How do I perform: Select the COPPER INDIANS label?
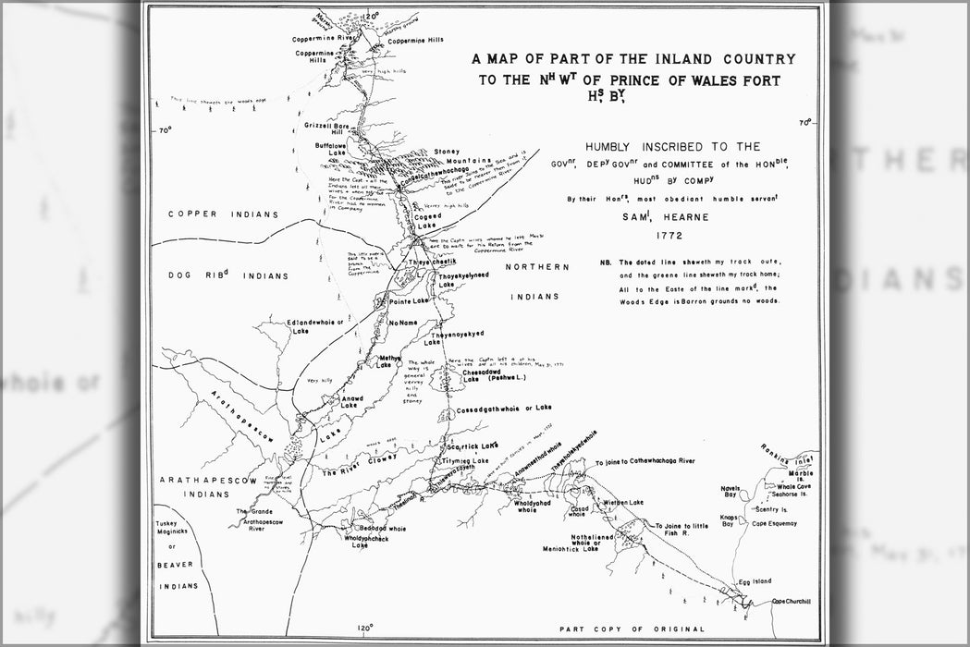(224, 214)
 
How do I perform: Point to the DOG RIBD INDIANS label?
(227, 275)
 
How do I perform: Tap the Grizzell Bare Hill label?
(325, 128)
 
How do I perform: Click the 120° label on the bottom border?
(364, 629)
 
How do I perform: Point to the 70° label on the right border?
(805, 122)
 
